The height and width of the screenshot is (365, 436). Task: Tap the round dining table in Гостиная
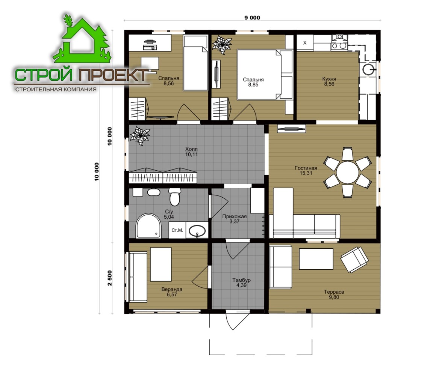(347, 172)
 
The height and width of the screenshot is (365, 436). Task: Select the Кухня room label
(329, 79)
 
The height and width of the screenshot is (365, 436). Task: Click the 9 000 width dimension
(252, 18)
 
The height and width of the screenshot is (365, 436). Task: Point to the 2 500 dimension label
(109, 278)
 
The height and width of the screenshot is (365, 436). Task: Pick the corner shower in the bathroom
(148, 226)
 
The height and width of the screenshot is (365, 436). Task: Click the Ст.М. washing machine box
(177, 230)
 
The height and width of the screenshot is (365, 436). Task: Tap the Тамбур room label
(241, 280)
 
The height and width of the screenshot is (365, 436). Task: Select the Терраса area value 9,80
(334, 297)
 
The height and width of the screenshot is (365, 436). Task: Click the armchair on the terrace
(354, 260)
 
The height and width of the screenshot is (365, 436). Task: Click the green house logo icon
(82, 39)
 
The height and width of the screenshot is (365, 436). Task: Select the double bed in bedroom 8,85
(265, 74)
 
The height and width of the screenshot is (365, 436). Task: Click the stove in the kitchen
(339, 43)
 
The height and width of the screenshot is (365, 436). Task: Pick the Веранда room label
(172, 289)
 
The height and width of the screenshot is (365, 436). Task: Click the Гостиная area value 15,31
(306, 173)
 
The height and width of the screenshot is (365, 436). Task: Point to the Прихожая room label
(235, 216)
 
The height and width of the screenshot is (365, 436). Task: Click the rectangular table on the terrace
(316, 259)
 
